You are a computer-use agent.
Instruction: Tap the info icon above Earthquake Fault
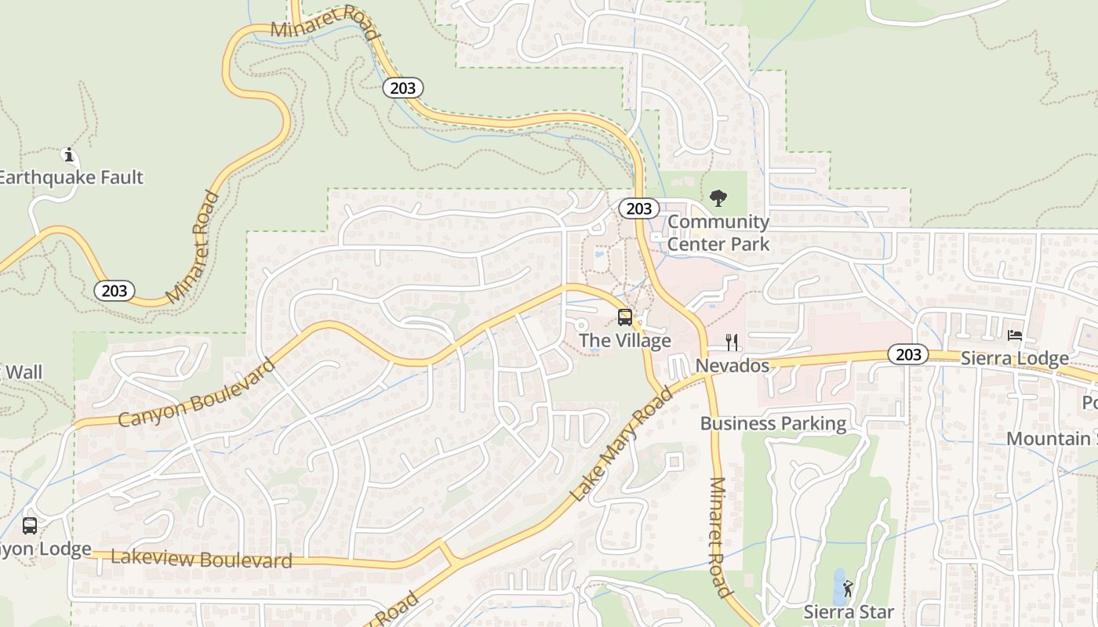pos(69,154)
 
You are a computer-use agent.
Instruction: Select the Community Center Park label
pos(718,233)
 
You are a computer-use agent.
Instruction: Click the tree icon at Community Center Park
pos(718,198)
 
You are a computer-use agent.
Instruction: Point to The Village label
pos(625,340)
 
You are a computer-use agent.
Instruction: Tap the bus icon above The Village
pos(625,317)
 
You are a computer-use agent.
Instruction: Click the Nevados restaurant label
pos(733,365)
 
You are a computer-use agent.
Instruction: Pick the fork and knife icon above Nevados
pos(732,342)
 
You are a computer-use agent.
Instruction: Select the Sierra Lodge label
pos(1014,358)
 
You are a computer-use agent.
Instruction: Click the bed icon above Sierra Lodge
pos(1015,335)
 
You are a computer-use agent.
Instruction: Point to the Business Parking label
pos(773,424)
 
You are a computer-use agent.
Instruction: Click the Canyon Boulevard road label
pos(197,393)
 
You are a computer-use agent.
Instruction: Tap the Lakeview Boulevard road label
pos(202,559)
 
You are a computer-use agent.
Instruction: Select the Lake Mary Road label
pos(621,444)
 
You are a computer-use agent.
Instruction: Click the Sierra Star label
pos(849,611)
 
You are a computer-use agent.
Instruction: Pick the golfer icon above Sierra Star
pos(848,588)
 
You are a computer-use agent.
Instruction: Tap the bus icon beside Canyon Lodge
pos(30,526)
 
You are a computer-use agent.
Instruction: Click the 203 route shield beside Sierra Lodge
pos(908,354)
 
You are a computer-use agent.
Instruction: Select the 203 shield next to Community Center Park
pos(638,208)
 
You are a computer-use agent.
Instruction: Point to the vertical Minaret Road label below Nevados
pos(719,537)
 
